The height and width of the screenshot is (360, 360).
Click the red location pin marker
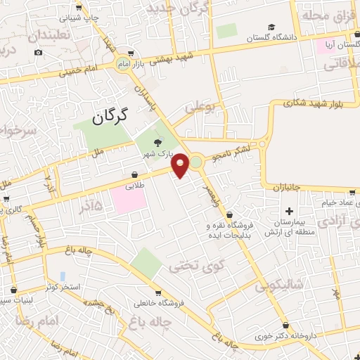click(181, 165)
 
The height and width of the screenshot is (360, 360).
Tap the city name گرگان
click(112, 116)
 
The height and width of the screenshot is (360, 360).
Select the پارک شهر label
click(157, 153)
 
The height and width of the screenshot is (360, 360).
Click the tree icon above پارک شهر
click(157, 142)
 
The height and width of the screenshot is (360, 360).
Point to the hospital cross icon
click(289, 211)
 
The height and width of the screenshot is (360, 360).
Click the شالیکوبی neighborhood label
click(279, 285)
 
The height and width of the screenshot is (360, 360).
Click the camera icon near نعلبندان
click(38, 53)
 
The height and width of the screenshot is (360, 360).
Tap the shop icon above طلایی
click(134, 175)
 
